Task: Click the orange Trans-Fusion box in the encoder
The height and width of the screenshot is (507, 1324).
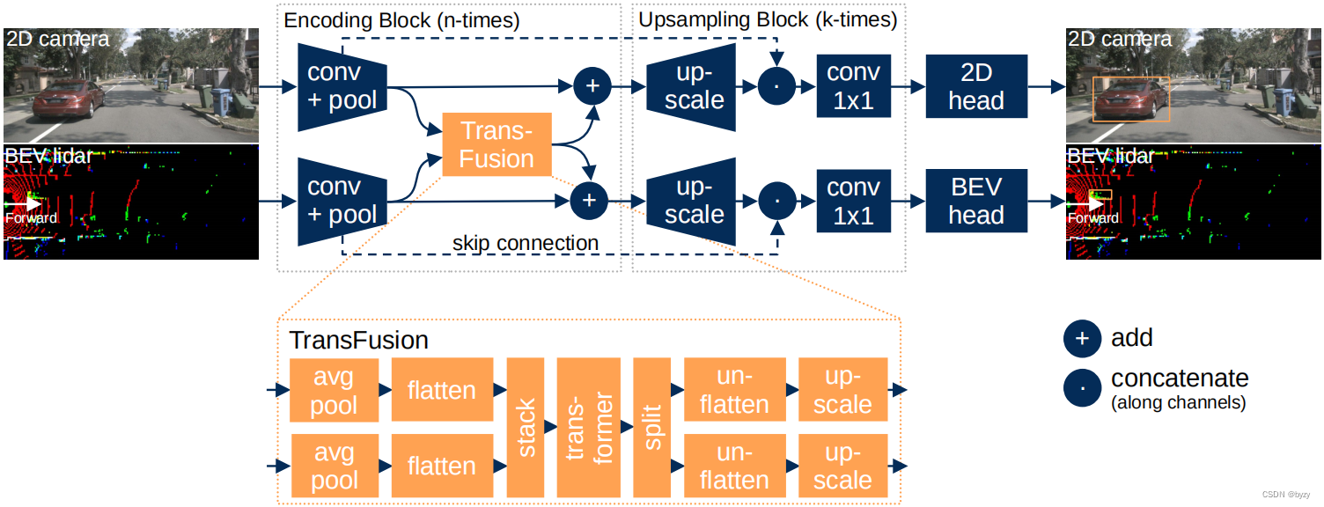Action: (x=496, y=144)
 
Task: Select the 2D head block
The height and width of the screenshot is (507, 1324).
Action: (x=976, y=86)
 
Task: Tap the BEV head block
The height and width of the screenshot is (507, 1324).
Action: (x=976, y=201)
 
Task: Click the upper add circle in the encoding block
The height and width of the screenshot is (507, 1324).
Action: (x=592, y=85)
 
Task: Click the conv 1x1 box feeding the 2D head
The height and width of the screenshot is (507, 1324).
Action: (x=853, y=86)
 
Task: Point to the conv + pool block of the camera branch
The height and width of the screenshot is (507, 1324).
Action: (x=342, y=86)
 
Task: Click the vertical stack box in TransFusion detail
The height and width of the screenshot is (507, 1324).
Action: (x=526, y=428)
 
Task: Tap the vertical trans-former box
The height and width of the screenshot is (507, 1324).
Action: (x=589, y=428)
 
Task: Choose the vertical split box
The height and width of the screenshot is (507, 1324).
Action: (x=652, y=428)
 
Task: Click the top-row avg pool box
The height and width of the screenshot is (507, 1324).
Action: (x=334, y=391)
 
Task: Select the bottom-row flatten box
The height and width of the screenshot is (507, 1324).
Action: (x=441, y=466)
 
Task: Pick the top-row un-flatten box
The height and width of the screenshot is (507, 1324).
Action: (x=734, y=391)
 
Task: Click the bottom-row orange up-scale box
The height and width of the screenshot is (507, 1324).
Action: (x=842, y=466)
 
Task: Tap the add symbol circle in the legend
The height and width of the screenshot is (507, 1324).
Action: (x=1082, y=339)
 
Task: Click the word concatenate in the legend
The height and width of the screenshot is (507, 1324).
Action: (x=1180, y=378)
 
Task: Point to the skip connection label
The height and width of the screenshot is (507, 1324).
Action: (x=526, y=243)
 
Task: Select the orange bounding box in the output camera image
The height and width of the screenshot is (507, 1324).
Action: (x=1131, y=99)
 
